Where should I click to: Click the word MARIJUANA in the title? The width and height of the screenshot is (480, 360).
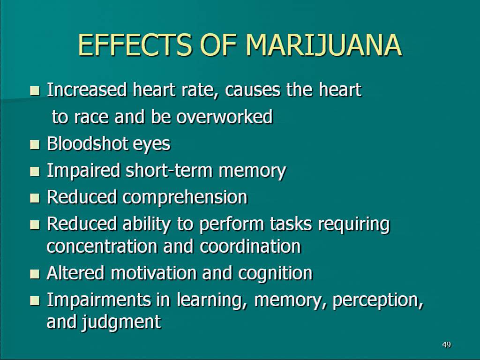[323, 45]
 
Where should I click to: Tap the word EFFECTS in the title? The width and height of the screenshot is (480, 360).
[135, 45]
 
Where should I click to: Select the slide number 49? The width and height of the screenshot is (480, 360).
[446, 345]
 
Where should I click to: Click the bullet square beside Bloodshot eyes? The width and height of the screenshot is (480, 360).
[35, 144]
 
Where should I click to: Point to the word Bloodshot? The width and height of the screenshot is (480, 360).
[87, 143]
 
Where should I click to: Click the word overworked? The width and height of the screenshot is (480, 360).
[224, 117]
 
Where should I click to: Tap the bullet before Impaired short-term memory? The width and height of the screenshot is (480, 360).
[35, 171]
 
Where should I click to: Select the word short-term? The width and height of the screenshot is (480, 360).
[169, 170]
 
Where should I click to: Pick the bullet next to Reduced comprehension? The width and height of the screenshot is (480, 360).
[35, 198]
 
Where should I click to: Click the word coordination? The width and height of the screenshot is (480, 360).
[250, 247]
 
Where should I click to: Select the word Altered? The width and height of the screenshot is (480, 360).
[75, 273]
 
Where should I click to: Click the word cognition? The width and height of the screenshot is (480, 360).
[275, 274]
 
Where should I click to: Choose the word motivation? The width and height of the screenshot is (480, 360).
[154, 273]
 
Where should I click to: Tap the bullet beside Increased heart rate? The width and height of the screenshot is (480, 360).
[35, 90]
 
